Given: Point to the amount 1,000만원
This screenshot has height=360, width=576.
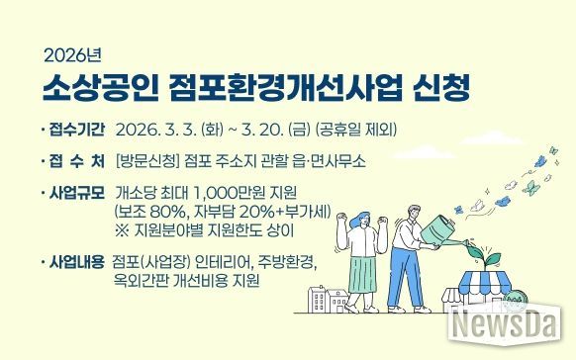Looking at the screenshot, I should pos(226,190).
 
